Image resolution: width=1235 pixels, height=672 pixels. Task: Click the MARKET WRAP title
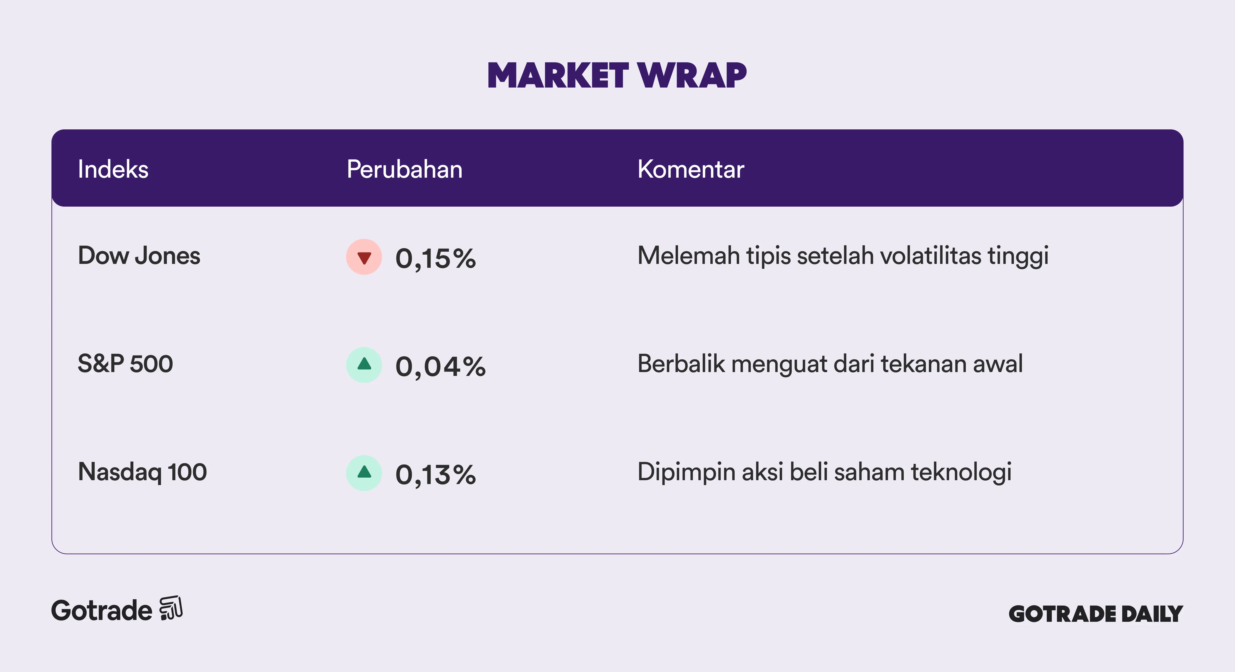point(617,76)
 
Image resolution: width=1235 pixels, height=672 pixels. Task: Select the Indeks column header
point(113,169)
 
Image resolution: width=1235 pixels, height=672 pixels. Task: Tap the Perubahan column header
point(405,169)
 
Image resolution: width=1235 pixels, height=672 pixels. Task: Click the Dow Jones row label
point(139,256)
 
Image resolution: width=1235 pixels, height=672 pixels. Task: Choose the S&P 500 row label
point(125,364)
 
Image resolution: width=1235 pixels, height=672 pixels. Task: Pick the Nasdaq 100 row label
point(142,472)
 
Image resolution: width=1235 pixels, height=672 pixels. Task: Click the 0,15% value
point(435,259)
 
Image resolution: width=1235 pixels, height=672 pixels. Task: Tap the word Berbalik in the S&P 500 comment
point(681,364)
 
